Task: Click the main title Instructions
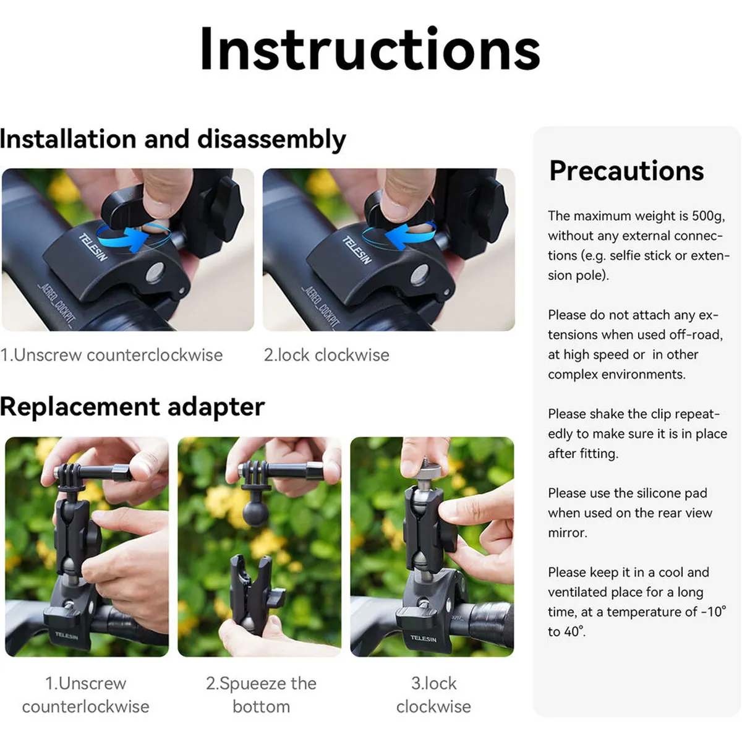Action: [x=370, y=49]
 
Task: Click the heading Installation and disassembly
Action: [x=173, y=139]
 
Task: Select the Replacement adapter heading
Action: [x=132, y=407]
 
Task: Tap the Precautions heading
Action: [x=626, y=171]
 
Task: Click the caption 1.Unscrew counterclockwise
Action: [x=112, y=355]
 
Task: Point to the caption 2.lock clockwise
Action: [x=326, y=355]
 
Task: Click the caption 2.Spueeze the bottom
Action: [x=261, y=694]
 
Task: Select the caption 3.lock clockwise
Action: [x=433, y=694]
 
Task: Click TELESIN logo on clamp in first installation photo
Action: [x=93, y=247]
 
